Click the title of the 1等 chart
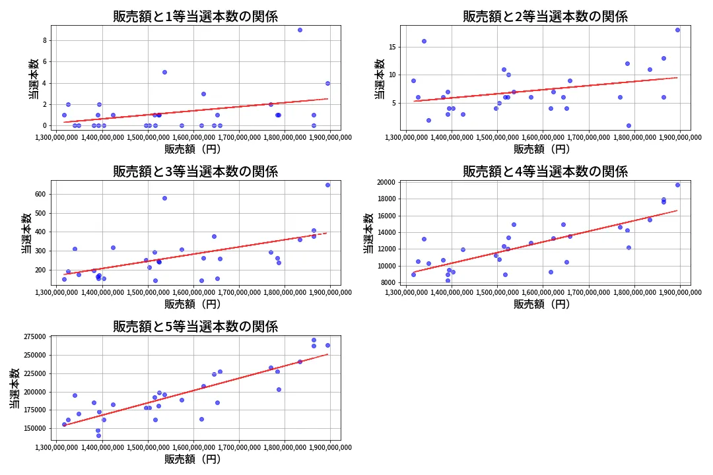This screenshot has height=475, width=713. click(195, 16)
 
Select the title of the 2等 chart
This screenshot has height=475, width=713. click(545, 16)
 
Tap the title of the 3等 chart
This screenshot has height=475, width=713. click(195, 172)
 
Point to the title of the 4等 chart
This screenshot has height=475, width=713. click(545, 172)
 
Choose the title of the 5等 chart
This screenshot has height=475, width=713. click(195, 326)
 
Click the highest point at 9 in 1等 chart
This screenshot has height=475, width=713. click(300, 30)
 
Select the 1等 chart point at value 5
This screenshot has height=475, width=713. click(164, 72)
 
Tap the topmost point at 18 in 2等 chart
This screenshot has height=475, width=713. click(677, 30)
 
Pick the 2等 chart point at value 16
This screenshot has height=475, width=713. click(424, 41)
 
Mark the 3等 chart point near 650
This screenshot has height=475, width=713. click(327, 185)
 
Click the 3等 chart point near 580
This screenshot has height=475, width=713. click(164, 198)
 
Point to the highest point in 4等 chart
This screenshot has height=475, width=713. click(677, 185)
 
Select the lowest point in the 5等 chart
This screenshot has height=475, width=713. click(98, 435)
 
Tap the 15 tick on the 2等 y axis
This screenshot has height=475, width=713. click(391, 47)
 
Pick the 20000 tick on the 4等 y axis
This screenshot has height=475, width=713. click(386, 183)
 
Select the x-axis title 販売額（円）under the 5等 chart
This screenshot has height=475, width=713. click(192, 459)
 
